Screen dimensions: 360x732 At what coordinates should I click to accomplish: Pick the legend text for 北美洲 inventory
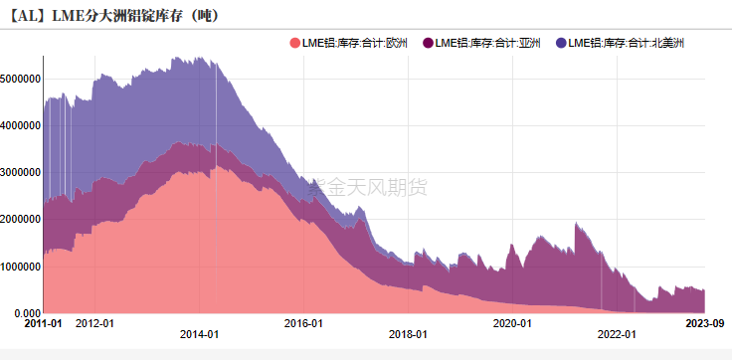tap(627, 43)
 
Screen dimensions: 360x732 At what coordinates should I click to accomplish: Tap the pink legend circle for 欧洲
tap(294, 43)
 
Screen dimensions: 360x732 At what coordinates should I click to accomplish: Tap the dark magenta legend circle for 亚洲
tap(428, 43)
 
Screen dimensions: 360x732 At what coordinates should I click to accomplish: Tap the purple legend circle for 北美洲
tap(561, 43)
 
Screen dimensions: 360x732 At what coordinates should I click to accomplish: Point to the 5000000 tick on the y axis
tap(21, 79)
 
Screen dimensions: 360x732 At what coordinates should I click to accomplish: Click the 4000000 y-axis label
tap(21, 125)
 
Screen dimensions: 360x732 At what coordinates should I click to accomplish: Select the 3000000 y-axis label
tap(21, 172)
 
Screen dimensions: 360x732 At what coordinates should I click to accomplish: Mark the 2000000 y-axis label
tap(21, 219)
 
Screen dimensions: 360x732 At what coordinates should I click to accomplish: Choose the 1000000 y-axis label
tap(21, 267)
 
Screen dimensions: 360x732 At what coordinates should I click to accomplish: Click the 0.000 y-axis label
tap(26, 313)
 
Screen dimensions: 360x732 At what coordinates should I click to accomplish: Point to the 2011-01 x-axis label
tap(43, 323)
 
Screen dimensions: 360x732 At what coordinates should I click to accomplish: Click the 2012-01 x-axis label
tap(95, 323)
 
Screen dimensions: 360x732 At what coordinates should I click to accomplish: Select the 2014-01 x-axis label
tap(200, 335)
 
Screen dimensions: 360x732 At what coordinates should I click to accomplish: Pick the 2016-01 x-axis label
tap(303, 323)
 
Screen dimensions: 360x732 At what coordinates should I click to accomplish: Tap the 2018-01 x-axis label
tap(408, 335)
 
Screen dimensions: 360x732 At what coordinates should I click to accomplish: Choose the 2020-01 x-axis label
tap(512, 323)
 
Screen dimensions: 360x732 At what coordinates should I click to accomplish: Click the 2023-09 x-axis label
tap(705, 323)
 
